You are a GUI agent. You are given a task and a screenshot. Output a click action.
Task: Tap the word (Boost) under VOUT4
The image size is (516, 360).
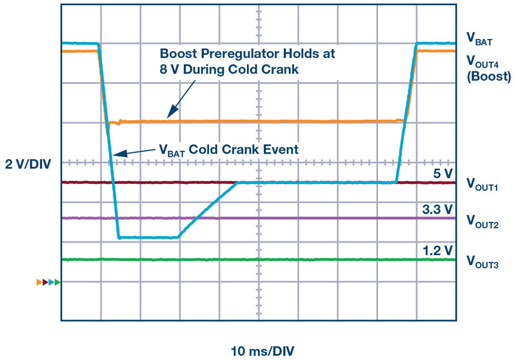click(489, 76)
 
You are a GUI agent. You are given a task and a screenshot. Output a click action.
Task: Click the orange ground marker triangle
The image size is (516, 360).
click(39, 282)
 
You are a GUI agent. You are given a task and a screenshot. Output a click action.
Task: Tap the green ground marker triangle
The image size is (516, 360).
click(58, 282)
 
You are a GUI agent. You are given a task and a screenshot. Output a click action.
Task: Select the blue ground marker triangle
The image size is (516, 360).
click(52, 282)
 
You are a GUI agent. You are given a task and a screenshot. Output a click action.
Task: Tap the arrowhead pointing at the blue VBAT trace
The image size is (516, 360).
click(115, 154)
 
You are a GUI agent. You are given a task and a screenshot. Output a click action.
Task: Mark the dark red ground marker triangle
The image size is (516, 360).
click(46, 282)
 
